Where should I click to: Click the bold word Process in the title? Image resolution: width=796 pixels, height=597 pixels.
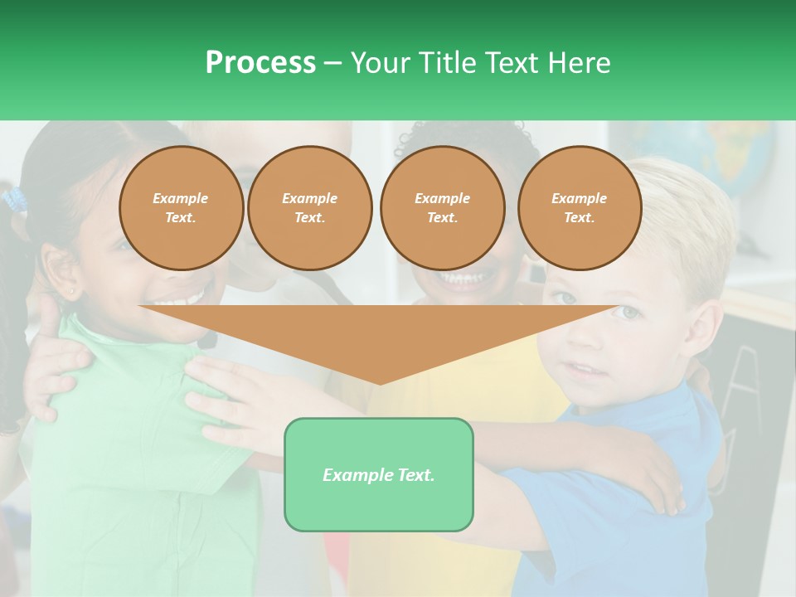(260, 63)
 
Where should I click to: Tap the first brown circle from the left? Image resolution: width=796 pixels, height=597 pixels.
(181, 208)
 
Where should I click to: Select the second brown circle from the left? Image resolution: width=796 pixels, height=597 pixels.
(309, 208)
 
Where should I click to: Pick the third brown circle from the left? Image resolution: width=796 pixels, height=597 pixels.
(442, 208)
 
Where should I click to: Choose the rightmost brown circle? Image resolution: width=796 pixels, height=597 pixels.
(579, 208)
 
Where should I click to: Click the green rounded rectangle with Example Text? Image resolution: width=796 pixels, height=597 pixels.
(379, 474)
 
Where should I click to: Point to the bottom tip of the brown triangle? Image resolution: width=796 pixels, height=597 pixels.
(380, 382)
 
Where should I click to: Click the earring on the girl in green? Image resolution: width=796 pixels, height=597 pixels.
(75, 292)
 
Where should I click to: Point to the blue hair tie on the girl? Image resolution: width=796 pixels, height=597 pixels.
(14, 199)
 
